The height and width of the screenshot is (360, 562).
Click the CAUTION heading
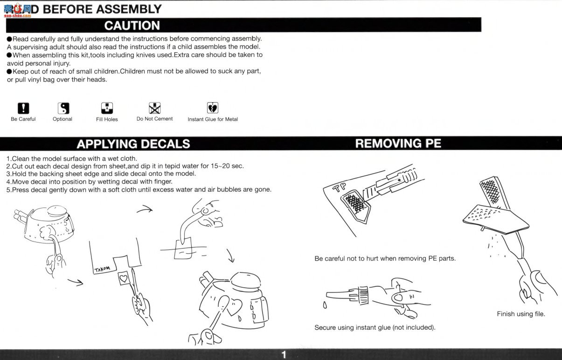(x=132, y=26)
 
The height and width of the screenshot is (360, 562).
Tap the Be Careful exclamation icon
(x=23, y=108)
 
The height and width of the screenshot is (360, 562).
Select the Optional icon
(x=63, y=108)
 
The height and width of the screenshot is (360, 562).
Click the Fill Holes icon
(x=107, y=108)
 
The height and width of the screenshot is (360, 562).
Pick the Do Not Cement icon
(x=154, y=108)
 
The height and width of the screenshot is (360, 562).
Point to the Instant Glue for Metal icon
(x=213, y=108)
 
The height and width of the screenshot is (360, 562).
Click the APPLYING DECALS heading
(x=133, y=144)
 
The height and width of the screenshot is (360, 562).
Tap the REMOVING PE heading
(x=398, y=144)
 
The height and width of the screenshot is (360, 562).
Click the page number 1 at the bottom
(x=284, y=355)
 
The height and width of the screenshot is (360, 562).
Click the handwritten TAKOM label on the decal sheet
(x=102, y=269)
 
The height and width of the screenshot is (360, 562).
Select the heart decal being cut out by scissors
(x=124, y=278)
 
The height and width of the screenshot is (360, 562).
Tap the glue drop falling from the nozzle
(x=325, y=305)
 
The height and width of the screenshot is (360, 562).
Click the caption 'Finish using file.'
(x=521, y=314)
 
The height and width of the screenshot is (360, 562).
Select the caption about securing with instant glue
(x=375, y=327)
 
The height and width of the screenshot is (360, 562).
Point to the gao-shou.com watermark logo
(x=17, y=11)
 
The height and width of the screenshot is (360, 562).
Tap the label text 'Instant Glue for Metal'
(x=213, y=119)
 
